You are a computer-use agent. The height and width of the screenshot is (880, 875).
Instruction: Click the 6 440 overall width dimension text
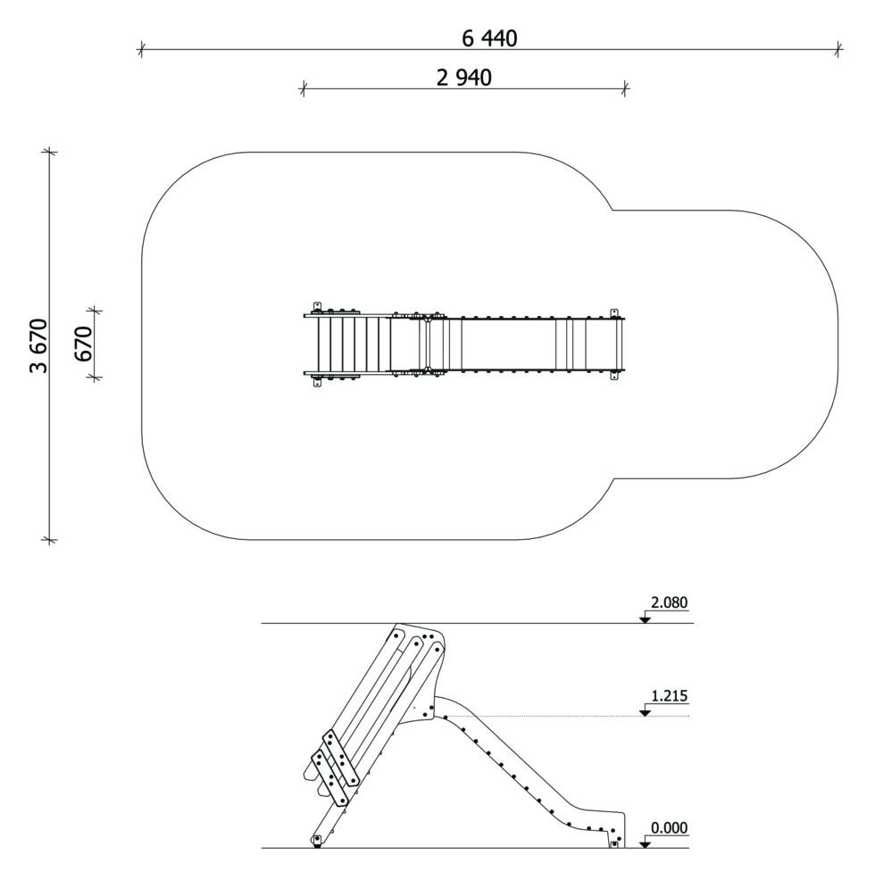click(489, 38)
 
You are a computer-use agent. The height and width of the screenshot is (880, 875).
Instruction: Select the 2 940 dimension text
click(464, 78)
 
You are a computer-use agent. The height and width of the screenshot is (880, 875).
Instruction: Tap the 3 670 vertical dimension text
click(38, 345)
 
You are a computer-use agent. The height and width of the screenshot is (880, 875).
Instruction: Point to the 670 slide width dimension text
click(82, 344)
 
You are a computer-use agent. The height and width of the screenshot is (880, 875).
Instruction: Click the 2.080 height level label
click(669, 602)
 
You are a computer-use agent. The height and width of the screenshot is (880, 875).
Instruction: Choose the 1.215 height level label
click(669, 696)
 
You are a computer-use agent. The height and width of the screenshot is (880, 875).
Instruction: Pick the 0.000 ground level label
click(669, 828)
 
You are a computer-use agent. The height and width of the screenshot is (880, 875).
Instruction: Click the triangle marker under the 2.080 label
click(645, 619)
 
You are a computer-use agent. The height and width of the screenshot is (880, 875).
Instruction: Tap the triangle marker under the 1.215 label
click(645, 712)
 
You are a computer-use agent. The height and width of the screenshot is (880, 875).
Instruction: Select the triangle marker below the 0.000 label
click(645, 844)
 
